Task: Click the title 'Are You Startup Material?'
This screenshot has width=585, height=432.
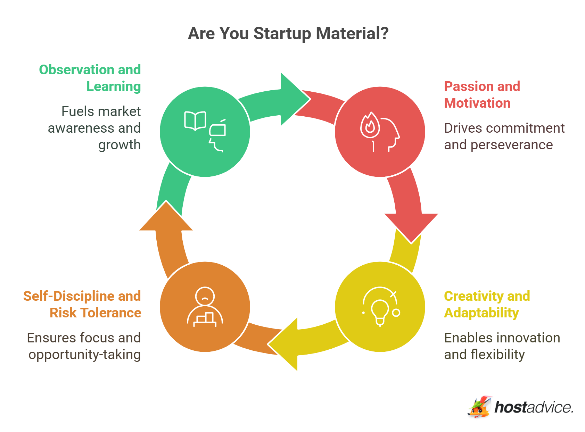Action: pos(288,34)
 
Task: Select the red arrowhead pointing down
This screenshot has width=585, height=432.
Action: pos(411,226)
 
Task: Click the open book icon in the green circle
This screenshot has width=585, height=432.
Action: pos(195,121)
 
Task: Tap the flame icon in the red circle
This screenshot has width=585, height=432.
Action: pos(370,125)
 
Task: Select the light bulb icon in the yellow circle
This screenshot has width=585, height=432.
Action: pos(380,311)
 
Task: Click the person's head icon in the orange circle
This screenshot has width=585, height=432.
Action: pos(205,296)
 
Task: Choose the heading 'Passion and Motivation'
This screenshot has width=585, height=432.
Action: pos(482,94)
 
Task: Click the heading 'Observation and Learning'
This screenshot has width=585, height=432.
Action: pos(90,78)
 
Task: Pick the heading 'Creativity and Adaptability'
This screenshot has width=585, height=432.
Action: pos(487,304)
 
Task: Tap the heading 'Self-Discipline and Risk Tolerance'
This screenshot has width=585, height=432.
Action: pos(82,304)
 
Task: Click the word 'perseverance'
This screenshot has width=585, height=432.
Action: pos(511,145)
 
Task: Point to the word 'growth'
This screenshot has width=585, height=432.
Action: pos(119,145)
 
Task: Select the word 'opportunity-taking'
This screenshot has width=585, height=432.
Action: pos(84,355)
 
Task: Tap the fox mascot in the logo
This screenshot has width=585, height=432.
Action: pos(479,407)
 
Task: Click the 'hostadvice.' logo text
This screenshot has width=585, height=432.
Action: pos(533,407)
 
